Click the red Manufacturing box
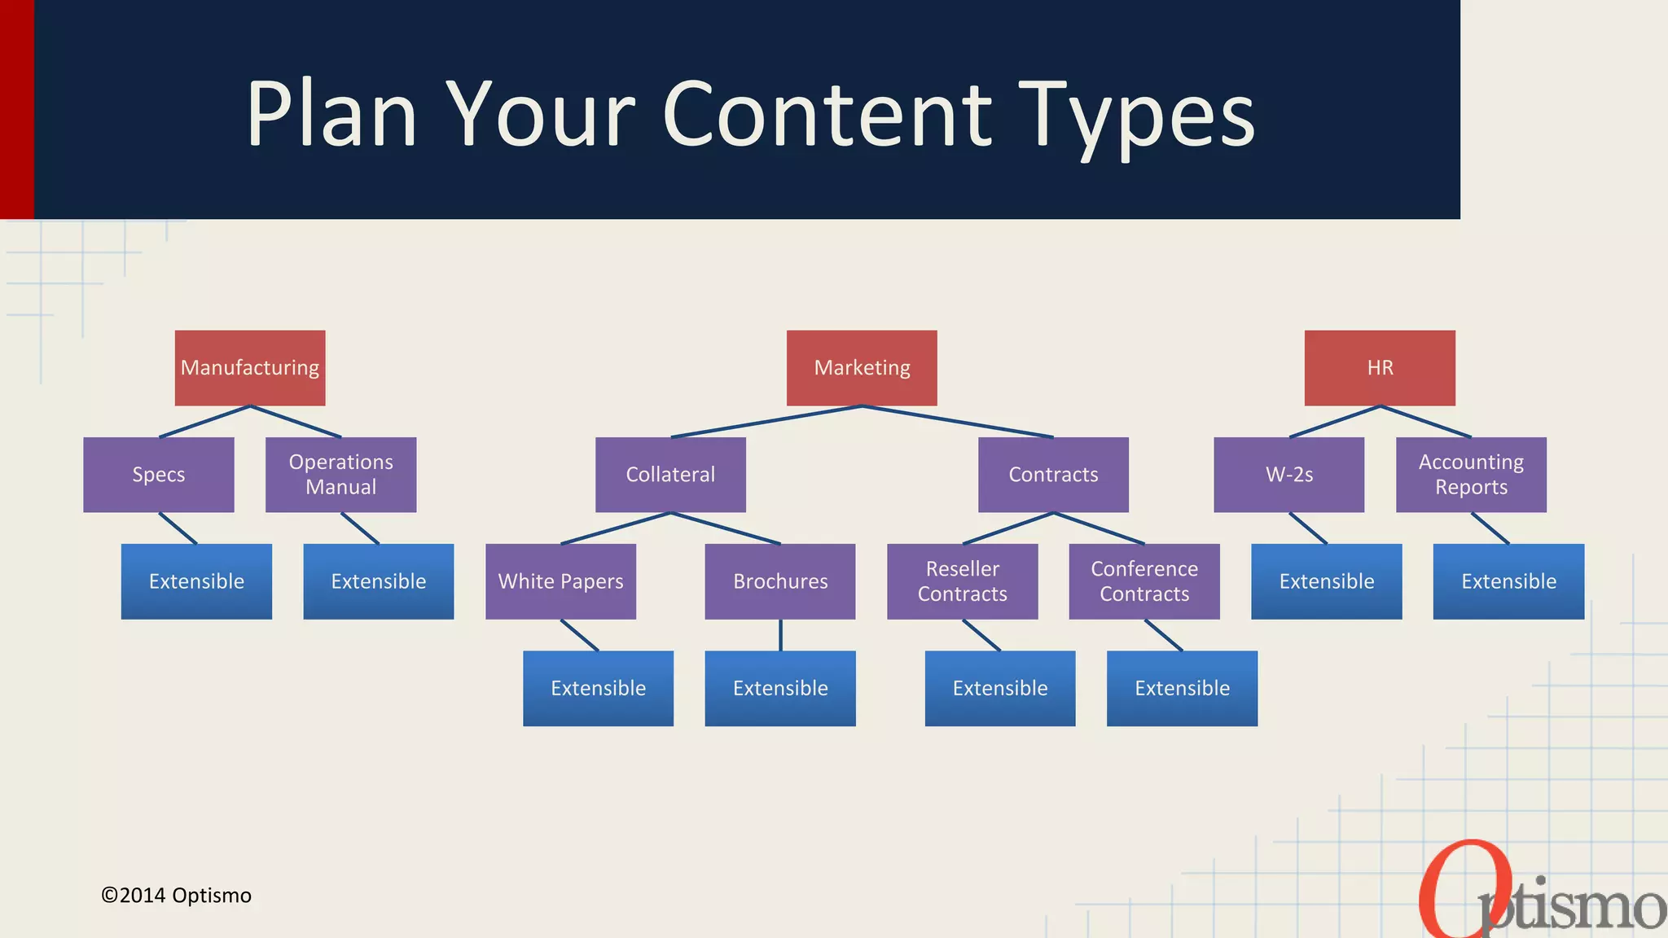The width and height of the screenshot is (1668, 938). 250,368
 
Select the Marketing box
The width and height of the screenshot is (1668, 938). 862,368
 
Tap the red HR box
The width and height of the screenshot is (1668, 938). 1380,368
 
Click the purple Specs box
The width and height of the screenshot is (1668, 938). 159,475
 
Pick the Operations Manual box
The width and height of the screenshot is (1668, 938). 340,475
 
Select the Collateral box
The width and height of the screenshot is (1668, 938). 670,475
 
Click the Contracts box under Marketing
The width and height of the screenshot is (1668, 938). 1053,475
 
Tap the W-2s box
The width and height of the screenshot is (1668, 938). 1288,475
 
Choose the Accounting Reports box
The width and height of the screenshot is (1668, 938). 1471,475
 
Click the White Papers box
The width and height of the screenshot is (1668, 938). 560,581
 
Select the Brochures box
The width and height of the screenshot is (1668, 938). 780,581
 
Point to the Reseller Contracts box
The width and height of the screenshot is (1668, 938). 962,581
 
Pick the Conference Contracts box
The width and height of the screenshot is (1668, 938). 1144,581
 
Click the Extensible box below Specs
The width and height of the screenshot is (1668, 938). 196,581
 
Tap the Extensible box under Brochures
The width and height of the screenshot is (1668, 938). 780,689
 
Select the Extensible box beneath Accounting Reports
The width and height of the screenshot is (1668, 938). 1508,581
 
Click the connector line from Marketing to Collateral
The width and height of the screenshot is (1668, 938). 766,422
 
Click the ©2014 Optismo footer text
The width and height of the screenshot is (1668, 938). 176,896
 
